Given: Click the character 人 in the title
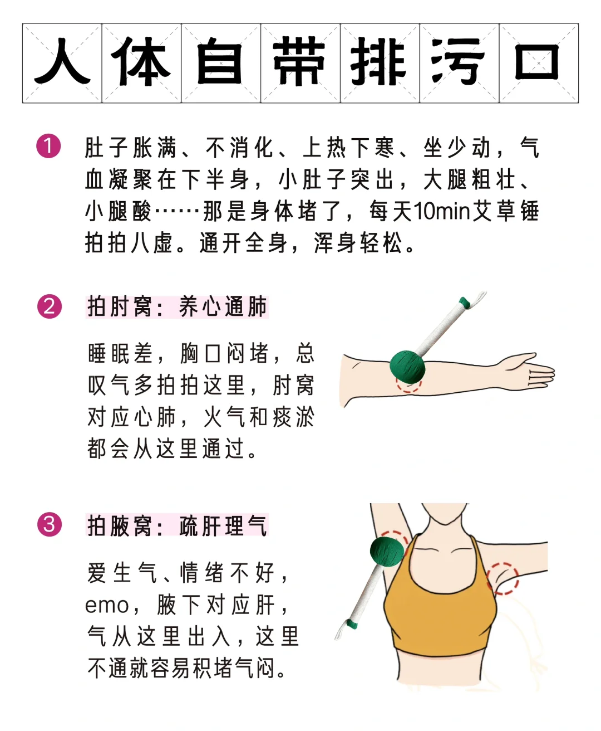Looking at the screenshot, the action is [x=62, y=61].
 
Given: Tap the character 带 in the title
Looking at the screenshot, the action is [x=300, y=61].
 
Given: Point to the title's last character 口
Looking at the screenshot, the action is [x=537, y=62].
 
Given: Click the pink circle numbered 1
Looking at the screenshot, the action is [x=48, y=146].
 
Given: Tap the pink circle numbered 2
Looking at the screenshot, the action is [x=49, y=306].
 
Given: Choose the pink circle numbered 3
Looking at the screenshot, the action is [x=49, y=524].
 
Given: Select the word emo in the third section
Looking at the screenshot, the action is [x=107, y=606].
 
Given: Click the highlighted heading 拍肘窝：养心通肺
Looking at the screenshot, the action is [x=177, y=307].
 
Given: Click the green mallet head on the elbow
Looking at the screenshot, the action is [x=407, y=367].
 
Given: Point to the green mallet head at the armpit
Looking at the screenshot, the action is [x=387, y=551].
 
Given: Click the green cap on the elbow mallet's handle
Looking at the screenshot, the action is [x=465, y=302].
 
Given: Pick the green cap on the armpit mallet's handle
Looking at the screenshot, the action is [x=352, y=625].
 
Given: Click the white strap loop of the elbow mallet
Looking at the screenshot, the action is [x=480, y=297].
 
